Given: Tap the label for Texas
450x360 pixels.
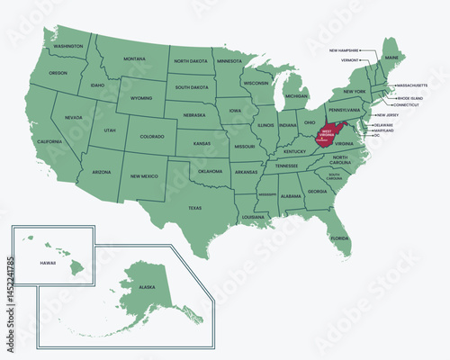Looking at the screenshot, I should [x=194, y=208].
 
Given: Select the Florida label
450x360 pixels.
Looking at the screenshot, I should [x=338, y=238].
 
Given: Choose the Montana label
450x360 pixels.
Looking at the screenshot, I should [x=136, y=58].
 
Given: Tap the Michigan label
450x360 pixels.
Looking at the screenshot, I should [x=297, y=94].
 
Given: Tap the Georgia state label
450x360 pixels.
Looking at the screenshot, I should [x=317, y=192].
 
